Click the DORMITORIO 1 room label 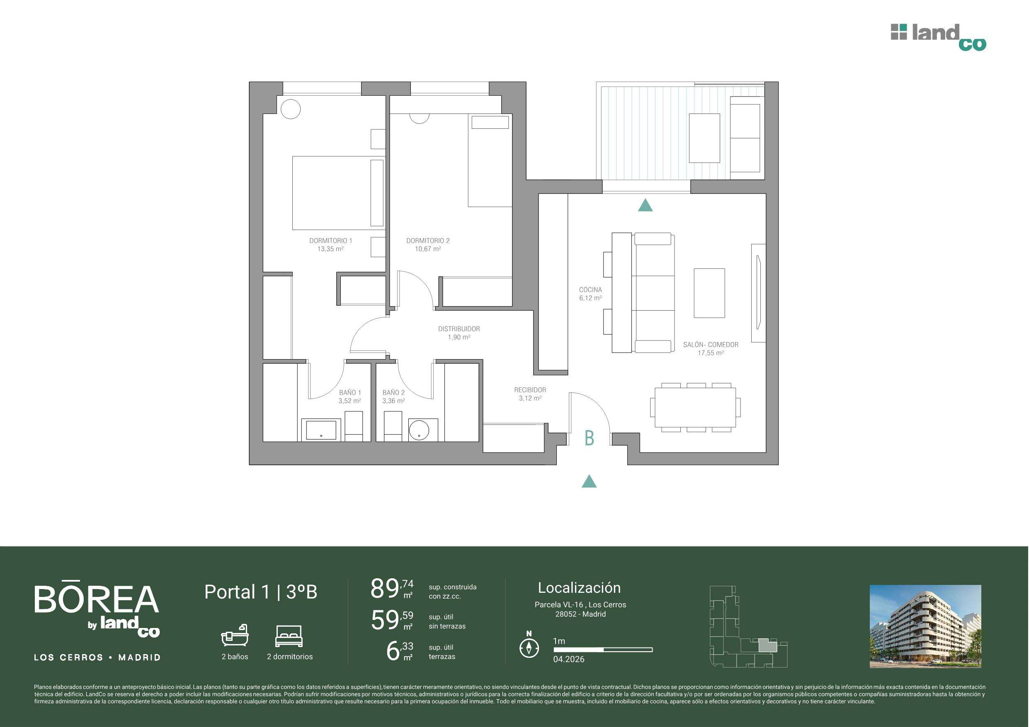pyautogui.click(x=331, y=241)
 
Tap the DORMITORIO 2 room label pyautogui.click(x=428, y=241)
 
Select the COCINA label pyautogui.click(x=590, y=290)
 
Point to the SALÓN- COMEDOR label pyautogui.click(x=711, y=345)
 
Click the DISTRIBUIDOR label pyautogui.click(x=459, y=329)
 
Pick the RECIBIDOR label pyautogui.click(x=530, y=390)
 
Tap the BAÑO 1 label pyautogui.click(x=350, y=393)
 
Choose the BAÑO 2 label pyautogui.click(x=393, y=393)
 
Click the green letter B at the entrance pyautogui.click(x=590, y=438)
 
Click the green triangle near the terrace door pyautogui.click(x=645, y=205)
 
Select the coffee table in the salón pyautogui.click(x=709, y=293)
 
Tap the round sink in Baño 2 pyautogui.click(x=419, y=430)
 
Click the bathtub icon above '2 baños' pyautogui.click(x=234, y=635)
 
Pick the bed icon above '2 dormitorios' pyautogui.click(x=289, y=635)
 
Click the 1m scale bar pyautogui.click(x=603, y=650)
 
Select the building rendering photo pyautogui.click(x=925, y=627)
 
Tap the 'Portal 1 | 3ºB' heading pyautogui.click(x=261, y=592)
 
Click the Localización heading pyautogui.click(x=579, y=588)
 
